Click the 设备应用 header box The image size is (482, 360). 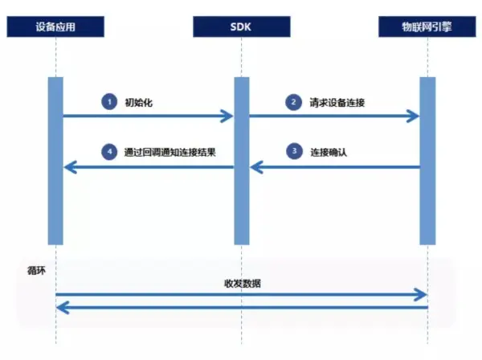[x=56, y=26]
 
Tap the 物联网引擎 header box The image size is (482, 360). [x=427, y=26]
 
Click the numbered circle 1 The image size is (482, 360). [x=108, y=102]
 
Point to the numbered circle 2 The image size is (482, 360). [x=294, y=102]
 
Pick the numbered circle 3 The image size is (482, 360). [x=294, y=151]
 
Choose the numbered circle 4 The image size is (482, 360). [x=108, y=151]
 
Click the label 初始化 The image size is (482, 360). [x=137, y=103]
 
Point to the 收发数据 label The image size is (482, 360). [x=242, y=283]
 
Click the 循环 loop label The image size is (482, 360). [x=36, y=271]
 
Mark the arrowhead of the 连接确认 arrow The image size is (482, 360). [x=255, y=167]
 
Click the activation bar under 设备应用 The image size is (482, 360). [x=55, y=161]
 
